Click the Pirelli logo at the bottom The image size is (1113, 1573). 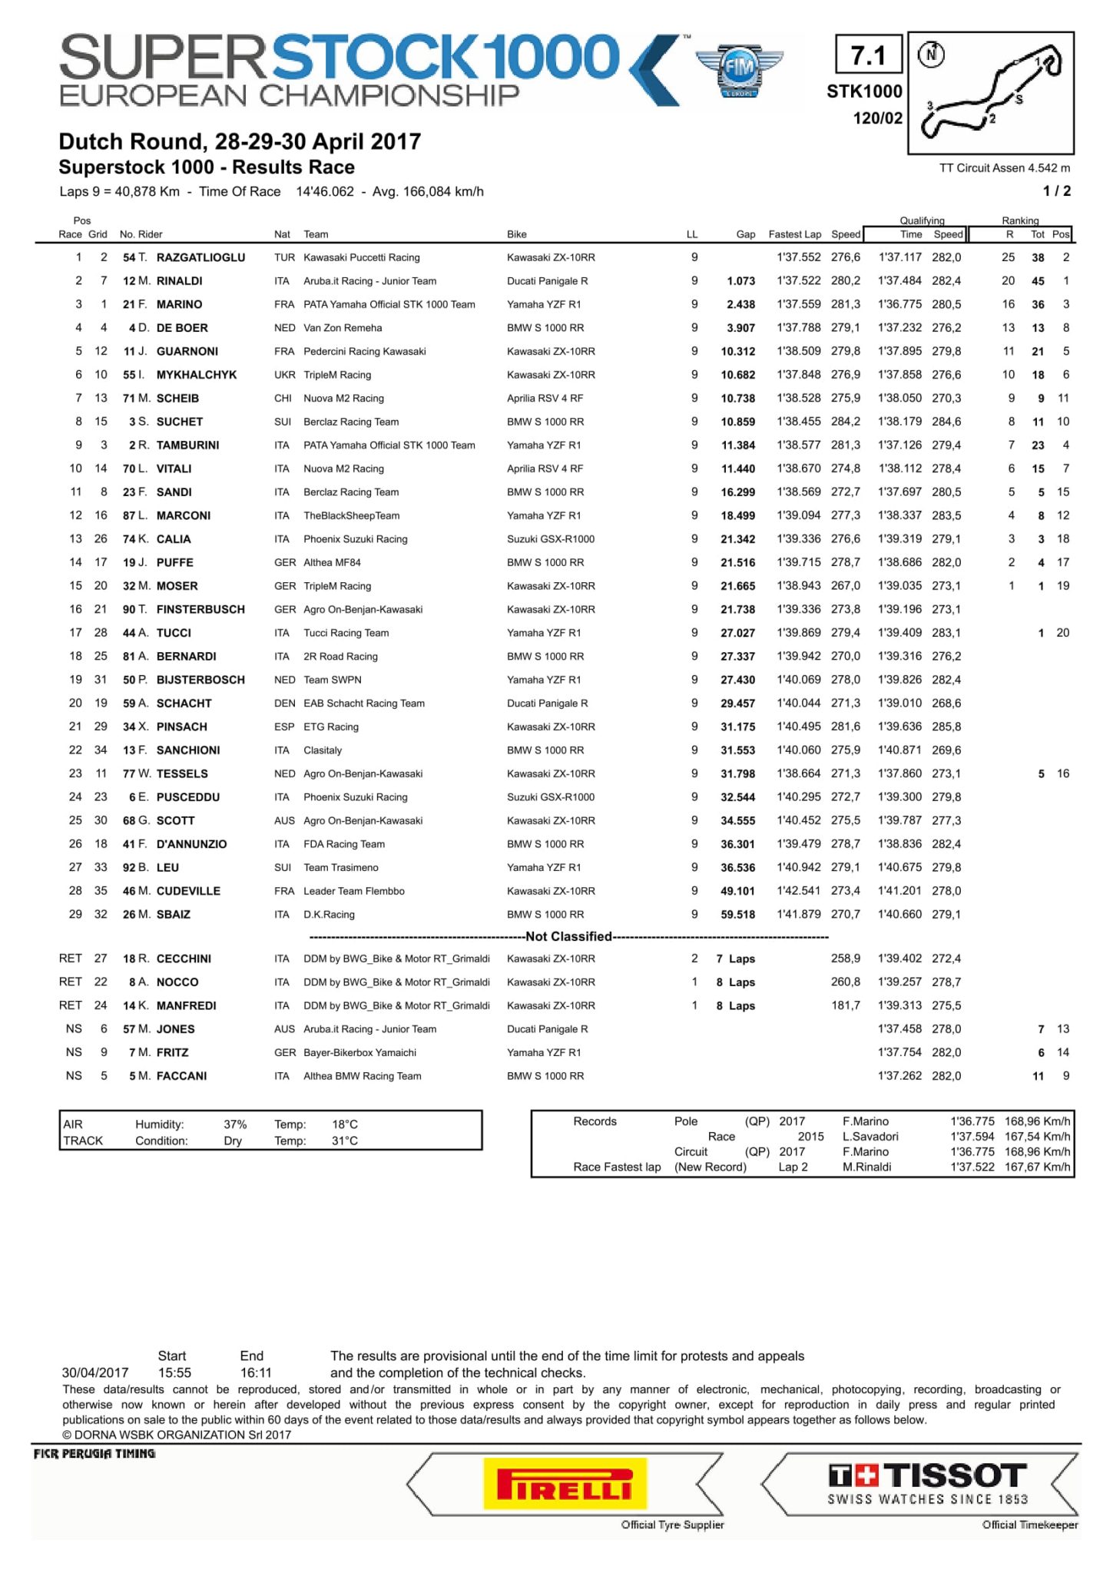565,1483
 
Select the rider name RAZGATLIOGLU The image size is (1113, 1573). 200,257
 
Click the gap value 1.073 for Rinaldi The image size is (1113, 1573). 740,281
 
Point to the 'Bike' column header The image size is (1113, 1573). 517,234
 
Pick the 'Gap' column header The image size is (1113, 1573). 745,234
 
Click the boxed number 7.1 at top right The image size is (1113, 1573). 868,56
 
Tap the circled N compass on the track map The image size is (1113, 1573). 932,55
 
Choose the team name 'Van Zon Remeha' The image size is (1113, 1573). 343,328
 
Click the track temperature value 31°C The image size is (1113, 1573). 345,1141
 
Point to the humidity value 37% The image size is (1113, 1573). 235,1124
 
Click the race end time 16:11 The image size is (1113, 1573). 256,1373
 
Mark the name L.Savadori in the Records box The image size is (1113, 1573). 870,1136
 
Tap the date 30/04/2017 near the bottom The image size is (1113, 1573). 95,1373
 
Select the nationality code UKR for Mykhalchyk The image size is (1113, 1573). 284,375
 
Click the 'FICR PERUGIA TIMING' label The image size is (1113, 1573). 94,1454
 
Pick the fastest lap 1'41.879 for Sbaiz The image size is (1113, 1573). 798,914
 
